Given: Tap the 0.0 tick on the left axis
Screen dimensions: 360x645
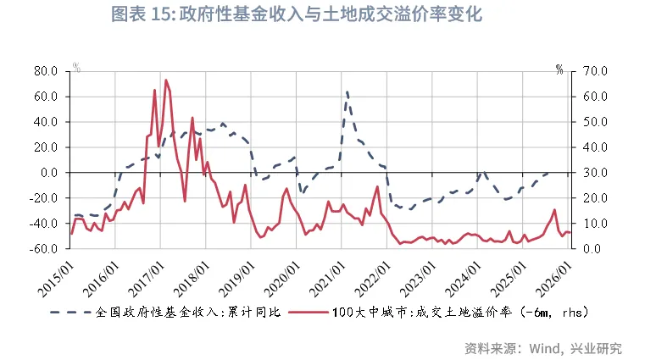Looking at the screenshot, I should coord(48,173).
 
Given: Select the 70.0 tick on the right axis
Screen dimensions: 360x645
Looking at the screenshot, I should coord(592,71).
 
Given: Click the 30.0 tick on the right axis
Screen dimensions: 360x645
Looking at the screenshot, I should coord(592,173).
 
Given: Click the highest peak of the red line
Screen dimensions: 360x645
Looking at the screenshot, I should coord(166,80).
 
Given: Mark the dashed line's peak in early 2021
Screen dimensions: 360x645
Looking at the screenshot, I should coord(346,92).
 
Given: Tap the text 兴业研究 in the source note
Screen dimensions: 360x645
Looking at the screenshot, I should coord(597,348).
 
